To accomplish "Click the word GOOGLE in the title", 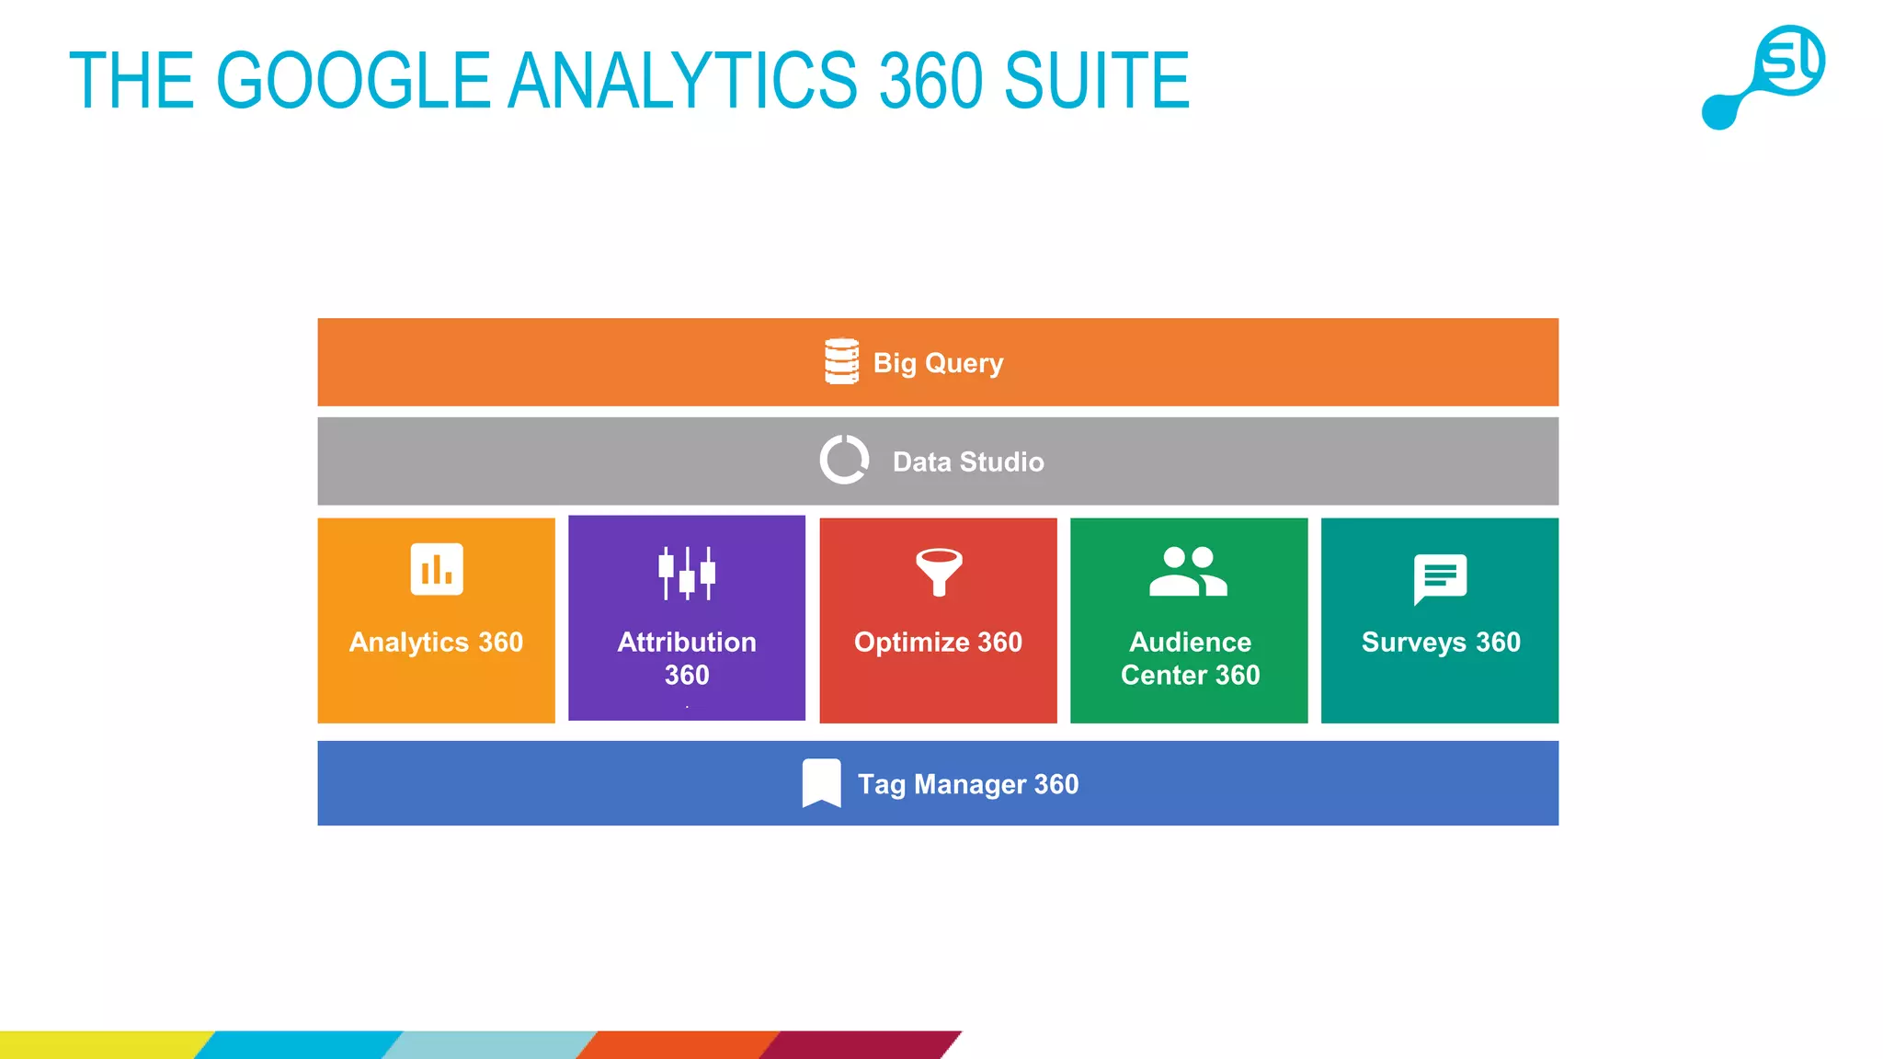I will pos(354,81).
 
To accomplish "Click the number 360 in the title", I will pos(930,81).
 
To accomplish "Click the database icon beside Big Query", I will pos(841,361).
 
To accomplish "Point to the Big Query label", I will pos(938,363).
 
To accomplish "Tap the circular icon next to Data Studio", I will pos(844,460).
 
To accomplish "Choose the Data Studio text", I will pos(968,461).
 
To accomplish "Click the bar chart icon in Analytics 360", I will pos(437,569).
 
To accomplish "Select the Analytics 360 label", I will pos(436,642).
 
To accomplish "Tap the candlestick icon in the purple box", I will pos(687,573).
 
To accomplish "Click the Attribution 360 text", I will pos(687,657).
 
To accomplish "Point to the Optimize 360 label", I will pos(938,642).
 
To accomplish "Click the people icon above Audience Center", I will pos(1188,572).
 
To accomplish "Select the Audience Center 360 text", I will pos(1190,657).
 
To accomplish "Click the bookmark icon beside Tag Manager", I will pos(821,783).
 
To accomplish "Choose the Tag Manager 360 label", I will pos(968,784).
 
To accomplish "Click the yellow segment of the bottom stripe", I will pos(101,1045).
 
